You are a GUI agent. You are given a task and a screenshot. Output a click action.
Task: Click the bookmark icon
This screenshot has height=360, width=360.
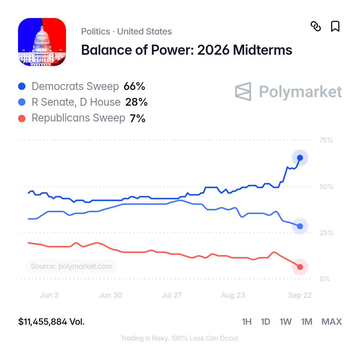pos(335,26)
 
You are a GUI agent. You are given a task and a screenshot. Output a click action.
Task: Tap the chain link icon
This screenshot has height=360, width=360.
pos(316,26)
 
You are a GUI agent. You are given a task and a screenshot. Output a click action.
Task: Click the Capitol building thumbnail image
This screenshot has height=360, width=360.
pos(42,42)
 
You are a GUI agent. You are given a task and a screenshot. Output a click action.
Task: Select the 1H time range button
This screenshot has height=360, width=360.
pos(247,322)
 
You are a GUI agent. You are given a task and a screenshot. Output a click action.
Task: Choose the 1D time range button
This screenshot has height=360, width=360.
pos(265,322)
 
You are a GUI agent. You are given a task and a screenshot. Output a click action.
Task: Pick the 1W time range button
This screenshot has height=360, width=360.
pos(286,322)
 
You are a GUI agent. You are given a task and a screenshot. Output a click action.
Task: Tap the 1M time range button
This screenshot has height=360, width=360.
pos(307,322)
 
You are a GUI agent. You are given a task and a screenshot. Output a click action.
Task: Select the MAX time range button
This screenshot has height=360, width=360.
pos(332,322)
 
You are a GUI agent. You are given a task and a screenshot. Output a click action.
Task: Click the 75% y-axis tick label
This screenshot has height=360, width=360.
pos(326,140)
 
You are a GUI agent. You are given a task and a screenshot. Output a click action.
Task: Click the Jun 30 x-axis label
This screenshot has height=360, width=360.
pos(110,295)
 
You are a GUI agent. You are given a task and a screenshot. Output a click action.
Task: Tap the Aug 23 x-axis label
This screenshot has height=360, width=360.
pos(233,295)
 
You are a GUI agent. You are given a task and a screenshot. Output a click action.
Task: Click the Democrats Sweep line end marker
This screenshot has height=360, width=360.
pos(300,158)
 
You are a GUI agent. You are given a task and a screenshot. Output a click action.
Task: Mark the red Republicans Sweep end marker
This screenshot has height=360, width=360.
pos(300,267)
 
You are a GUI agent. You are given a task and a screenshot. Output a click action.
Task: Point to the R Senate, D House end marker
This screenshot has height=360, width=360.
pos(300,226)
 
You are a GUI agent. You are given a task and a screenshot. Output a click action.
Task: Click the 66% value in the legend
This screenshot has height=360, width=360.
pos(134,86)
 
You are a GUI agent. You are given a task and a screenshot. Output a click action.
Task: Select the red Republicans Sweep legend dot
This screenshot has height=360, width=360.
pos(22,118)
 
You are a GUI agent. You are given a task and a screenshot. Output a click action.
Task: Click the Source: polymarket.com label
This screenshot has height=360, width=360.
pos(72,266)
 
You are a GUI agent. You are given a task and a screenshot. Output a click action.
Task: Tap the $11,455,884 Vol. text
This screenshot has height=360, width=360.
pos(51,322)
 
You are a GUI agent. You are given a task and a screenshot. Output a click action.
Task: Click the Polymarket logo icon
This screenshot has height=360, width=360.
pos(243,91)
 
